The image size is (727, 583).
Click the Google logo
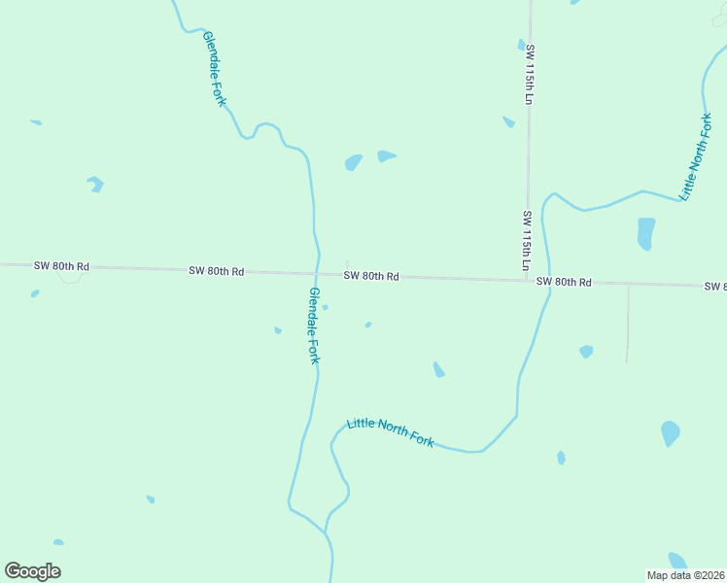click(33, 571)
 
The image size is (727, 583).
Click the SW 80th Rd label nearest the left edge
click(61, 266)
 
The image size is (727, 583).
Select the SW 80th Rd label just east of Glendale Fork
click(371, 276)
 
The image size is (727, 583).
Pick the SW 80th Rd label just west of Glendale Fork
click(217, 271)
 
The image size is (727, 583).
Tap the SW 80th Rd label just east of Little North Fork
click(564, 282)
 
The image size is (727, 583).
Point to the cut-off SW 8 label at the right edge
click(714, 286)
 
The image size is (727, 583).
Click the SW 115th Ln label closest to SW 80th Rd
click(527, 240)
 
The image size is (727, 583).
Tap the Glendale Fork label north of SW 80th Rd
click(215, 68)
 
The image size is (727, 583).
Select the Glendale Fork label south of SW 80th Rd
click(314, 326)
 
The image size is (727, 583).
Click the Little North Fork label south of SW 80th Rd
click(391, 431)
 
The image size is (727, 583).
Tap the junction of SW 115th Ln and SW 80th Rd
click(528, 281)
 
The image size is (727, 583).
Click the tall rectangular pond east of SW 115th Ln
click(645, 233)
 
